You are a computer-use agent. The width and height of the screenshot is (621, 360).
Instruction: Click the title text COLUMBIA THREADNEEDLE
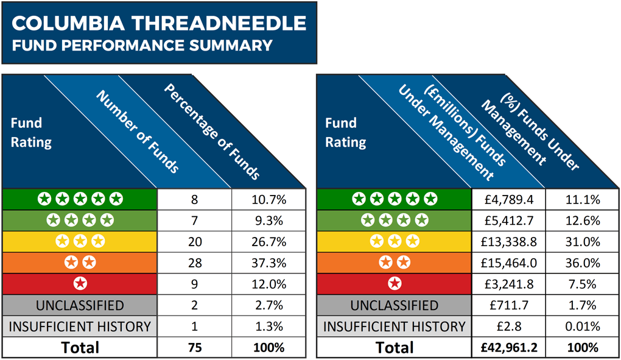(x=159, y=23)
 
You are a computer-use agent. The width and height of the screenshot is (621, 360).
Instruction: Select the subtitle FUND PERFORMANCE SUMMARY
(x=142, y=45)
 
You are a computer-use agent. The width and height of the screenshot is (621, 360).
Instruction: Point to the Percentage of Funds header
(x=212, y=131)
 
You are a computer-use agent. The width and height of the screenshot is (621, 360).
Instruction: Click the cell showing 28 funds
(x=194, y=263)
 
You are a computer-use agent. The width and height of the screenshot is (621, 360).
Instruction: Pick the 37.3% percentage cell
(x=268, y=263)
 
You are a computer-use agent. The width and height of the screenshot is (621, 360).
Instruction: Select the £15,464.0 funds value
(x=509, y=263)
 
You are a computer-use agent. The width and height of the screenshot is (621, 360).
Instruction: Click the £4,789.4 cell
(x=509, y=199)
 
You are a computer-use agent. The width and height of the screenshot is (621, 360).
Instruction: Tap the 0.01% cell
(x=583, y=326)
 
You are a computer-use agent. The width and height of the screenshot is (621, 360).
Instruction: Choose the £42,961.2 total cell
(x=509, y=348)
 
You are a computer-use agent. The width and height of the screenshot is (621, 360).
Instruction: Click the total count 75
(x=194, y=348)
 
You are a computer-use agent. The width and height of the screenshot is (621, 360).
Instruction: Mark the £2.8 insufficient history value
(x=509, y=326)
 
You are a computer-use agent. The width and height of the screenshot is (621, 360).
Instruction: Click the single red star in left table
(x=80, y=284)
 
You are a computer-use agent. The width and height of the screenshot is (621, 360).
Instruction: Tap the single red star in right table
(x=395, y=284)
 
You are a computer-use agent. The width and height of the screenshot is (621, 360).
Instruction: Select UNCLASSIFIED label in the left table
(x=80, y=305)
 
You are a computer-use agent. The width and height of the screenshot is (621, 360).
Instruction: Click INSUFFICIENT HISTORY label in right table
(x=395, y=326)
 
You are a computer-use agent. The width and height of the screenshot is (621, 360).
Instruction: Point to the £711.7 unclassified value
(x=509, y=305)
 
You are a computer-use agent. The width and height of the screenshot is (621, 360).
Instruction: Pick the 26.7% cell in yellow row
(x=268, y=242)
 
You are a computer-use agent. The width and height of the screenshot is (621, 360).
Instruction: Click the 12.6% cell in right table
(x=583, y=221)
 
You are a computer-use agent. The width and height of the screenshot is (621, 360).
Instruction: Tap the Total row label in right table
(x=395, y=348)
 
